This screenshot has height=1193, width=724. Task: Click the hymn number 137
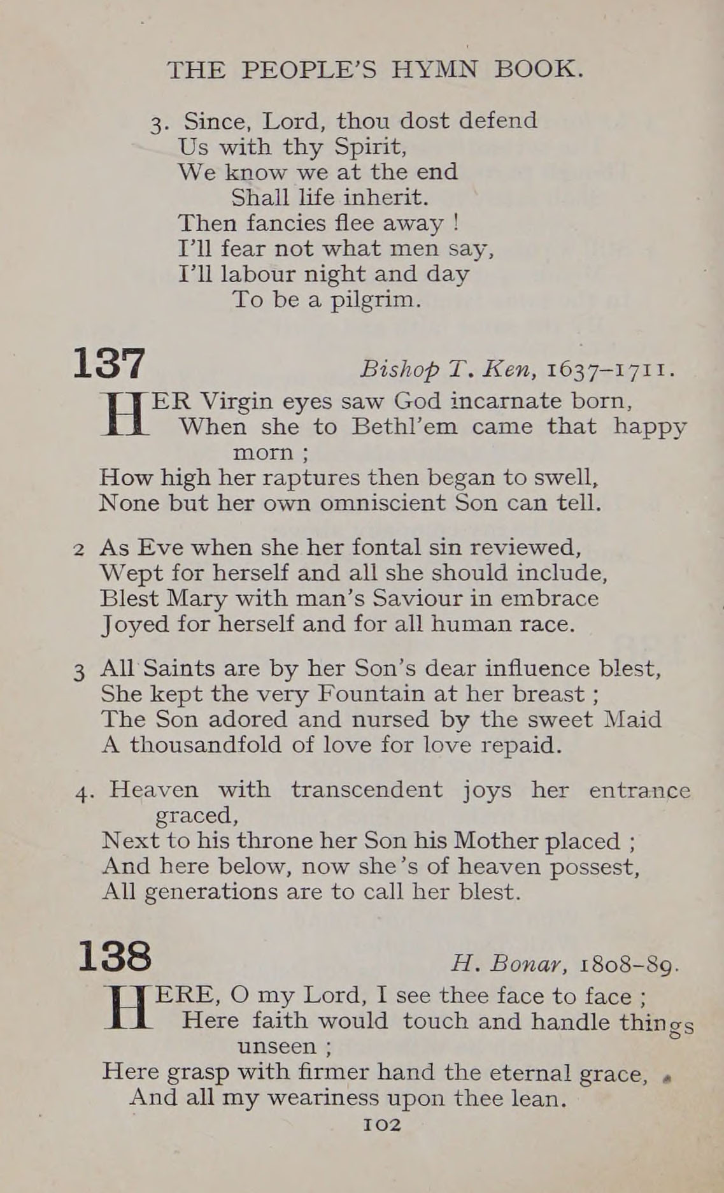tap(110, 365)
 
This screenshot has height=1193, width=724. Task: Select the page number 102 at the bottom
tap(382, 1125)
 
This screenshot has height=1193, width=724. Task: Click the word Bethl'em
tap(404, 426)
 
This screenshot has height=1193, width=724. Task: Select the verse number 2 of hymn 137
tap(79, 550)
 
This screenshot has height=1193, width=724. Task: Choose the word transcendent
tap(366, 790)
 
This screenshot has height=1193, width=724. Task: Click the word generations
tap(211, 892)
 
